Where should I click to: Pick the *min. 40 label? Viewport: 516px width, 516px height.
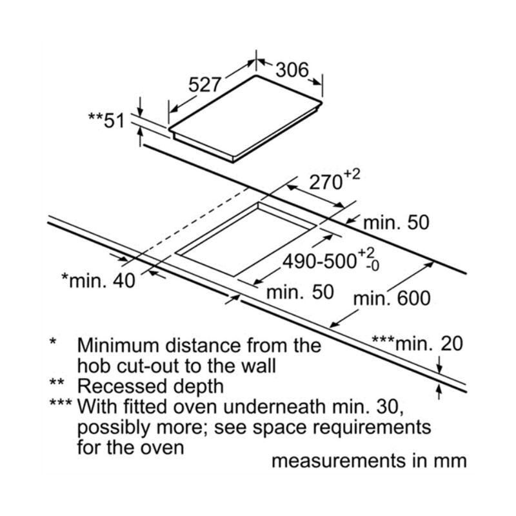pyautogui.click(x=98, y=281)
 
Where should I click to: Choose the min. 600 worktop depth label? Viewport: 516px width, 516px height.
pyautogui.click(x=392, y=299)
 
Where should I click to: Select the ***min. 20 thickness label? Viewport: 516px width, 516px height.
pyautogui.click(x=417, y=343)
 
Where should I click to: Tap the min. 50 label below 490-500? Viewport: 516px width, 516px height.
pyautogui.click(x=301, y=292)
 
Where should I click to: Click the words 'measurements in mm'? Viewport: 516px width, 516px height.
pyautogui.click(x=368, y=462)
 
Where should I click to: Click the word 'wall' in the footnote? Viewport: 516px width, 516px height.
pyautogui.click(x=261, y=365)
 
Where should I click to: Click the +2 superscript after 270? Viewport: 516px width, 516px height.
pyautogui.click(x=352, y=175)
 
